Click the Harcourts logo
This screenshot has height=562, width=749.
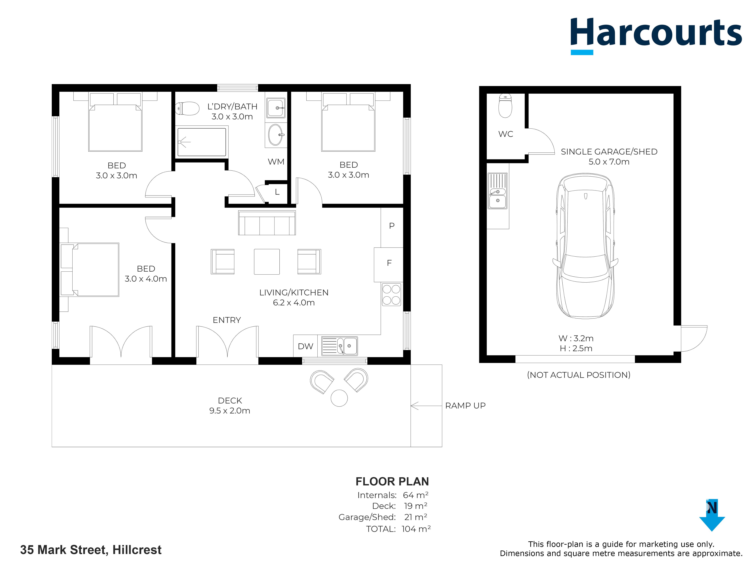click(656, 36)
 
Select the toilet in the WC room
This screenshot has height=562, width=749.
click(505, 106)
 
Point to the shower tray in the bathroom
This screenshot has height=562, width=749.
click(202, 142)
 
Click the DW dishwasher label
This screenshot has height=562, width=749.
click(305, 346)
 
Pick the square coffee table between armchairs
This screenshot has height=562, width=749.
click(267, 262)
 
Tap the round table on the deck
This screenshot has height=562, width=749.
click(339, 398)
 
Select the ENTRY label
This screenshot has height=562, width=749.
click(227, 320)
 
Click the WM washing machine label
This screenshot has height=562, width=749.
click(276, 162)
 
